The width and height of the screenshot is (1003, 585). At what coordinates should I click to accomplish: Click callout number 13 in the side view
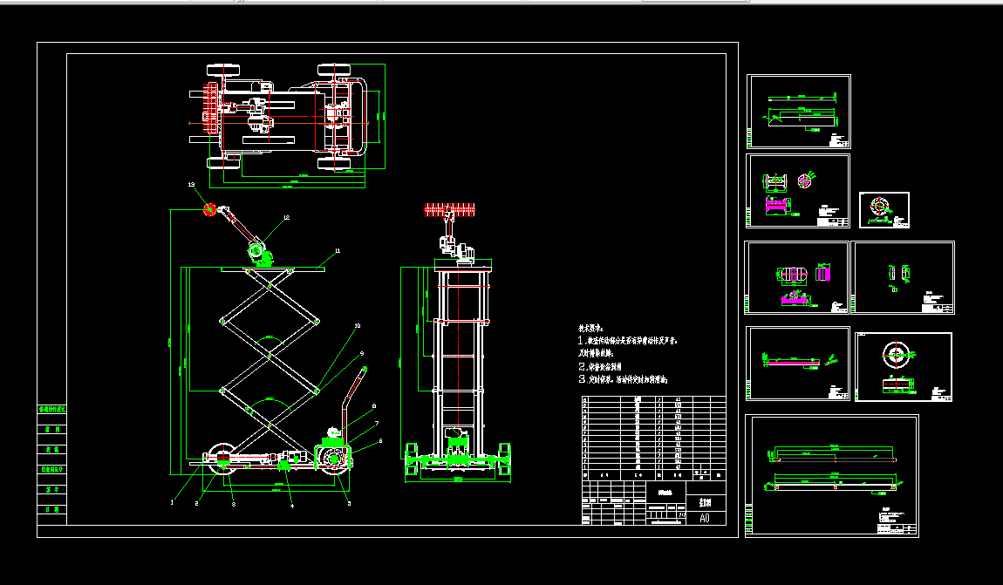tap(191, 186)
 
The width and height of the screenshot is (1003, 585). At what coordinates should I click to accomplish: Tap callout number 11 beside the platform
tap(338, 251)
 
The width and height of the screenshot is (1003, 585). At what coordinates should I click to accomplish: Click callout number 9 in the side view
tap(362, 353)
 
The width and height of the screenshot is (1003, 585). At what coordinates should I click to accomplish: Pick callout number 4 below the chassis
tap(292, 505)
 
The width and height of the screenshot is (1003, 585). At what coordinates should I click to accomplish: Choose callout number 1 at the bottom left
tap(172, 503)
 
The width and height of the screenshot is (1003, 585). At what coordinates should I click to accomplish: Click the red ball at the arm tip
tap(209, 208)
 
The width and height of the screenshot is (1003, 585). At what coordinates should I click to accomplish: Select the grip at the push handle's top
tap(363, 371)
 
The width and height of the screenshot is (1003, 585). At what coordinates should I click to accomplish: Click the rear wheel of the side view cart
tap(334, 462)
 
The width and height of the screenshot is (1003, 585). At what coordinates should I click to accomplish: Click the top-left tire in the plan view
tap(216, 69)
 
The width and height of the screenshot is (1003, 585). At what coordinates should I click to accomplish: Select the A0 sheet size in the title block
tap(705, 518)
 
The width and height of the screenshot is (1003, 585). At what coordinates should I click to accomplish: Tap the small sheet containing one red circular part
tap(884, 209)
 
